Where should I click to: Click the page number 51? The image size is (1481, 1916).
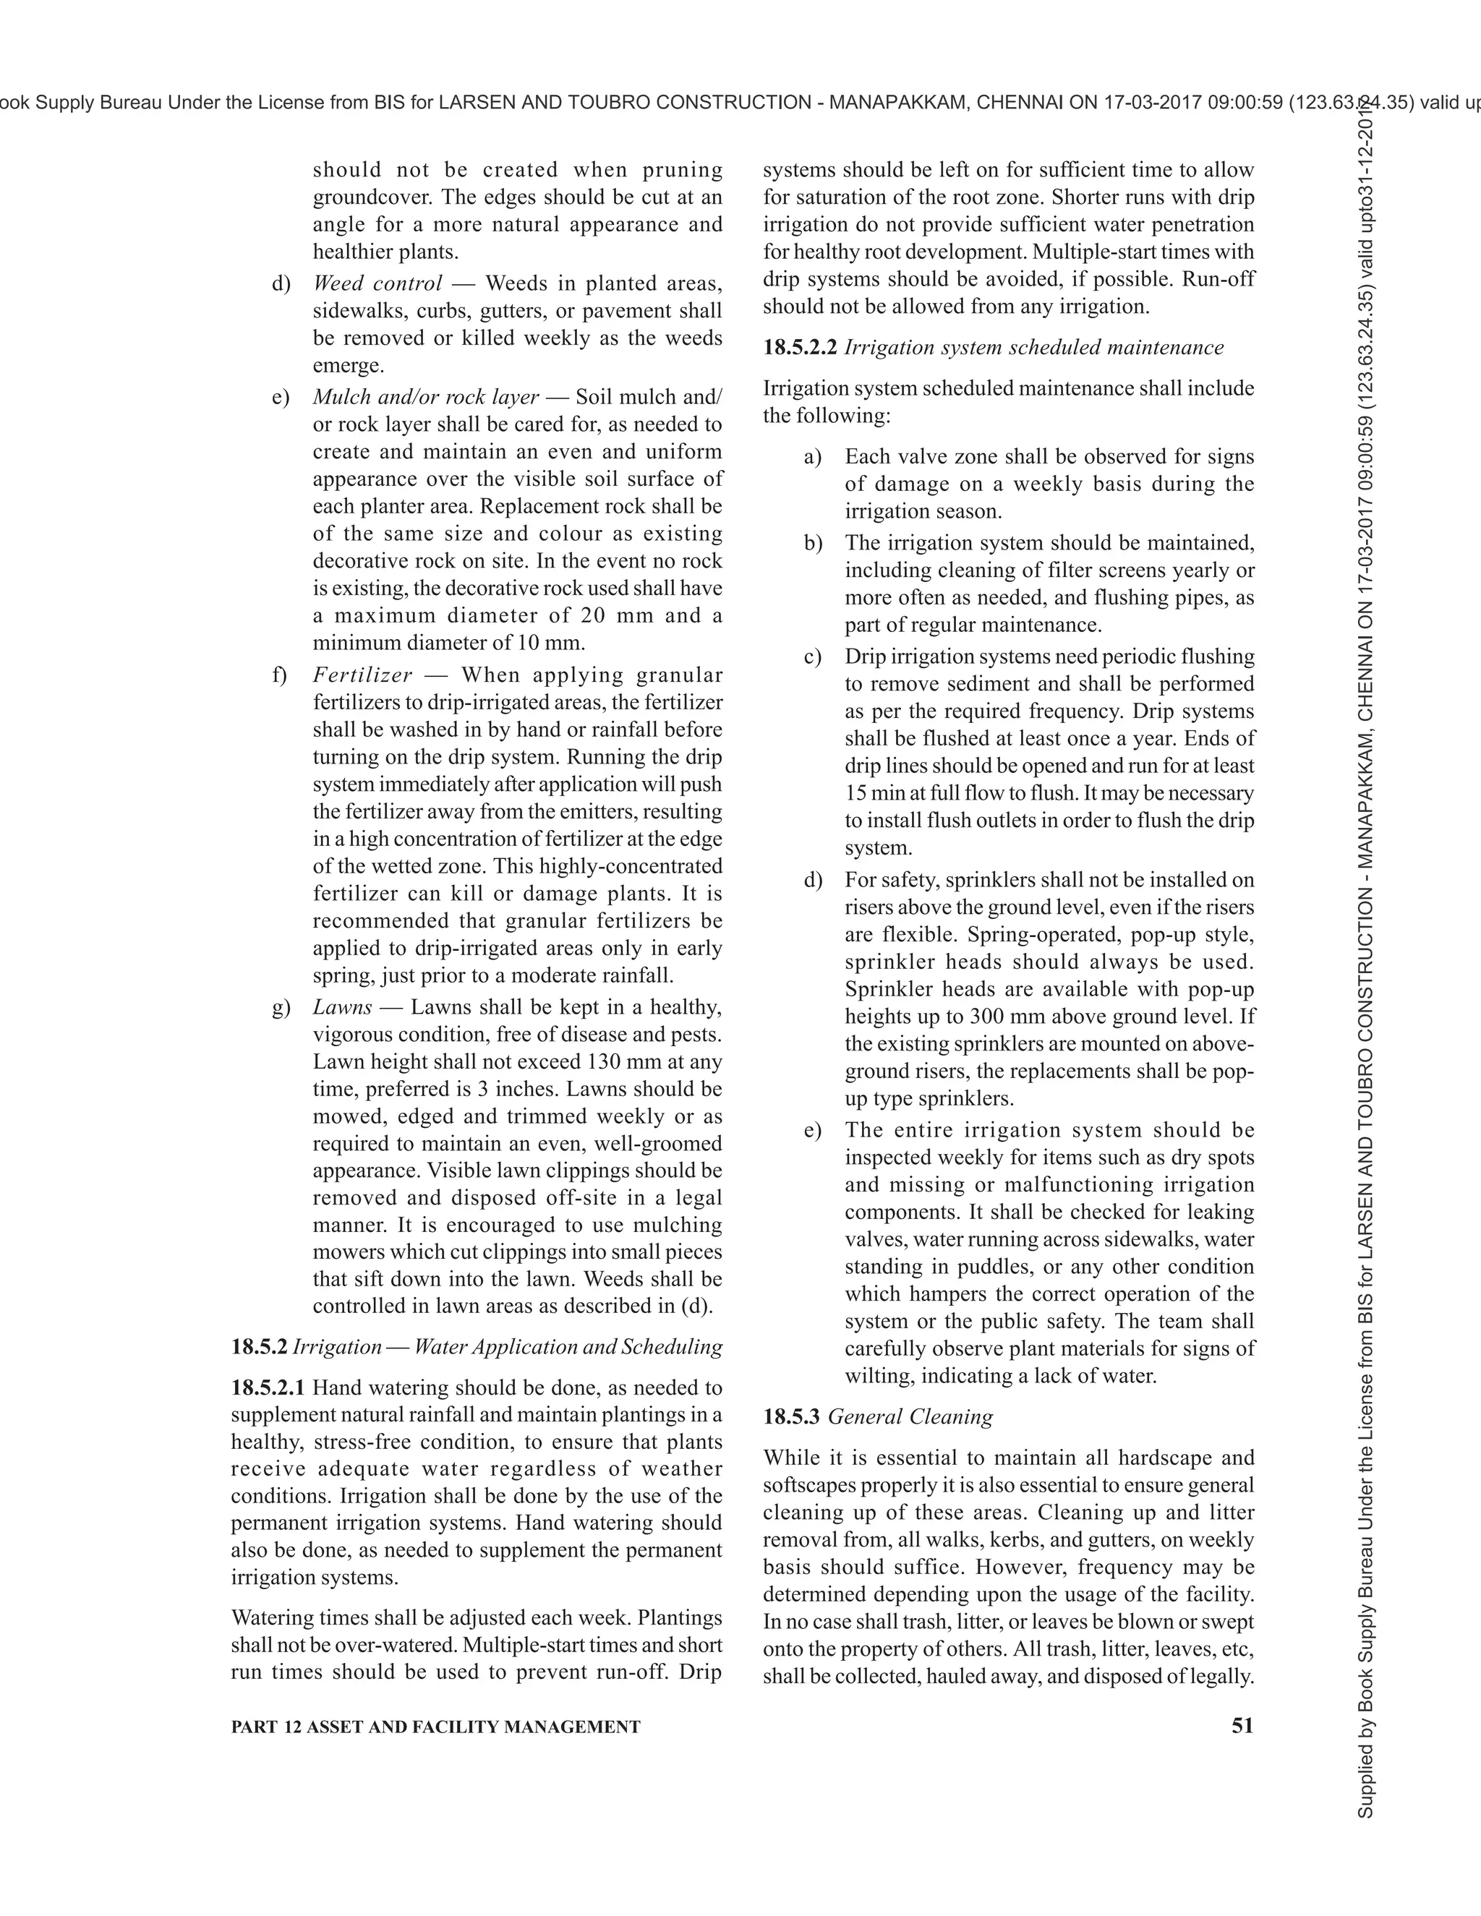point(1242,1727)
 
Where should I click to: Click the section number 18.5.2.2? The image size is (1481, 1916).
point(801,347)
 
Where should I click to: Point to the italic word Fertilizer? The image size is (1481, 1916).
point(362,675)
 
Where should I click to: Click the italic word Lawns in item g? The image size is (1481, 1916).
point(342,1007)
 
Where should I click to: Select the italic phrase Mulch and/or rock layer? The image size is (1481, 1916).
point(425,398)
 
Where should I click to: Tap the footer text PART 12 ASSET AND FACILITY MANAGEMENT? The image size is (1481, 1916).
point(435,1727)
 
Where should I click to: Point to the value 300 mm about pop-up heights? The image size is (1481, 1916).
point(1004,1017)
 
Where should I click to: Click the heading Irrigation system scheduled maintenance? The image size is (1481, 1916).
point(1033,347)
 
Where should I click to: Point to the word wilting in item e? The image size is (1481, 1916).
point(876,1376)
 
